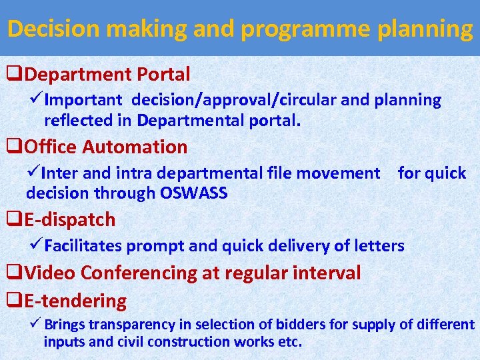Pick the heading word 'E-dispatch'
pyautogui.click(x=69, y=219)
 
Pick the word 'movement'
pyautogui.click(x=338, y=173)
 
